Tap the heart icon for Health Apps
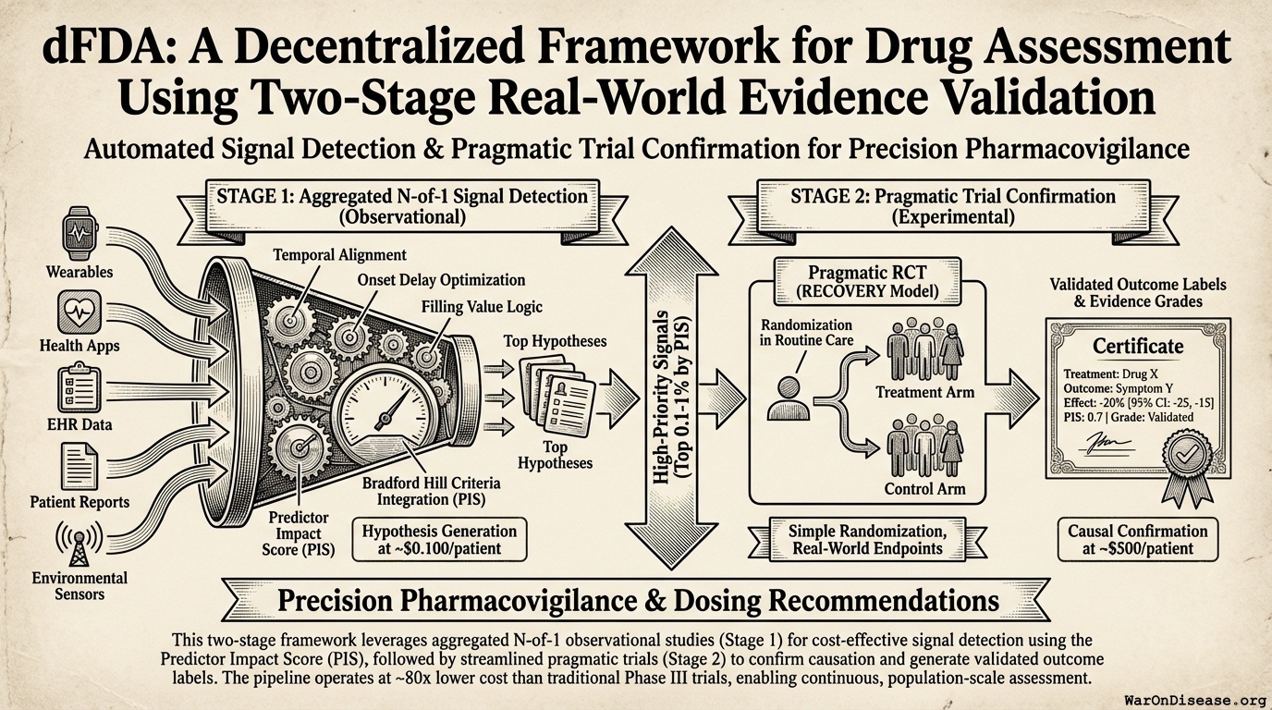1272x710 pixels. pyautogui.click(x=79, y=312)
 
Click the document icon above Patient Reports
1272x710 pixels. pyautogui.click(x=79, y=465)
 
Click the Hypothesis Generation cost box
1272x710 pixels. pyautogui.click(x=440, y=538)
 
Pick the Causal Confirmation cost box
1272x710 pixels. pyautogui.click(x=1137, y=539)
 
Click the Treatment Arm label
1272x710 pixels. pyautogui.click(x=924, y=392)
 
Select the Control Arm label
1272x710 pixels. pyautogui.click(x=924, y=489)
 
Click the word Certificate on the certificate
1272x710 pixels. pyautogui.click(x=1137, y=346)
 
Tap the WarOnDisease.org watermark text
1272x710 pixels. pyautogui.click(x=1195, y=698)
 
